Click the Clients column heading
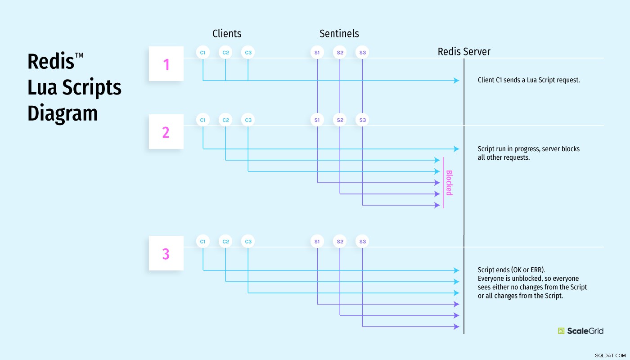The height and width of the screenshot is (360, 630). point(227,33)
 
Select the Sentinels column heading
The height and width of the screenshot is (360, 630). point(339,33)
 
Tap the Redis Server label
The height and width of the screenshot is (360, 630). point(464,51)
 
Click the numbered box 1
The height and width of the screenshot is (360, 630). point(166,64)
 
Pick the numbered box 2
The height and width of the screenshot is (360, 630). point(166,131)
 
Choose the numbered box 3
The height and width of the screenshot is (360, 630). point(166,253)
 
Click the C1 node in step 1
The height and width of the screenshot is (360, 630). point(203,52)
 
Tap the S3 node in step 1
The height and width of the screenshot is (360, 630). point(362,52)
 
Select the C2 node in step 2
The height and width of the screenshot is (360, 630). point(225,120)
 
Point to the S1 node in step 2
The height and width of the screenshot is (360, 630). point(317,120)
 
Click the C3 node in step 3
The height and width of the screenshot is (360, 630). point(248,241)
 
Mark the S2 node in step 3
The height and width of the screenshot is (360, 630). point(340,241)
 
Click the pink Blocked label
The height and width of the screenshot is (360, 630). point(449,183)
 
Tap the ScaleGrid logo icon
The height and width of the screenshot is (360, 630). point(561,331)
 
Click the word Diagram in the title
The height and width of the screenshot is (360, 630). point(63,113)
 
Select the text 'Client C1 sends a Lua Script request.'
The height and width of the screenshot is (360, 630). point(529,80)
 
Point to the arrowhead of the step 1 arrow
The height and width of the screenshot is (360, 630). point(456,81)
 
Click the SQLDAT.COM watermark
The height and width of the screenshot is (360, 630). point(610,355)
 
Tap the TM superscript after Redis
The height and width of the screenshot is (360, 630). point(79,55)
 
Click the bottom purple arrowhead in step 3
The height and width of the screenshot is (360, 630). point(456,327)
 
